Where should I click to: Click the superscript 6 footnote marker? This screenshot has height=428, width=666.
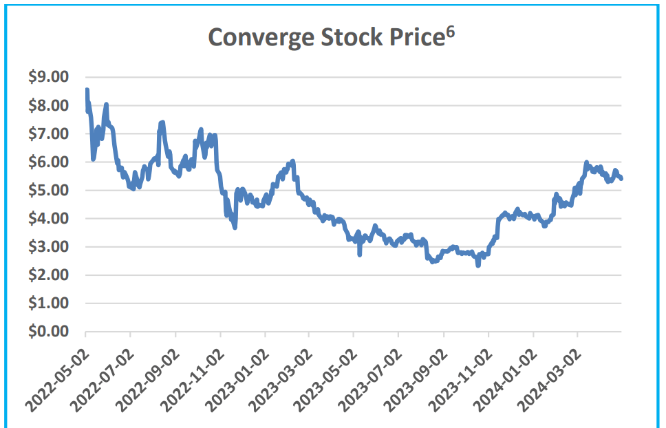[x=449, y=30]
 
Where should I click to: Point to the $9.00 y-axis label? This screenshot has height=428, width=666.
[x=49, y=77]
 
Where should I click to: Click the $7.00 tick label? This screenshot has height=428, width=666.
[x=49, y=133]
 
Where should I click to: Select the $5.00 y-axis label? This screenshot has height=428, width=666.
[x=49, y=190]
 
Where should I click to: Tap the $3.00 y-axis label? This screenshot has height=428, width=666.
[x=49, y=246]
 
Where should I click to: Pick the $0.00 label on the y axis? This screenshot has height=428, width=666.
[x=49, y=331]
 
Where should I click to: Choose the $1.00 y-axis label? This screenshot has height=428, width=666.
[x=49, y=303]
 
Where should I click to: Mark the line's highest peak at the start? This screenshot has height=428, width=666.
[x=87, y=90]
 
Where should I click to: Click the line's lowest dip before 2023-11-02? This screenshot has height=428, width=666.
[x=478, y=264]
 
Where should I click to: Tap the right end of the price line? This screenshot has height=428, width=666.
[x=621, y=179]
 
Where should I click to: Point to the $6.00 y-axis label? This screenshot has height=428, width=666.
[x=49, y=162]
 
